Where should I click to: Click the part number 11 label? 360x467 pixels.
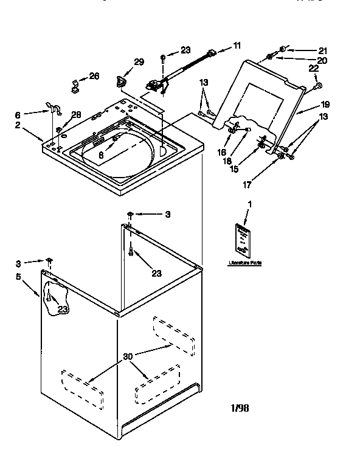point(237,46)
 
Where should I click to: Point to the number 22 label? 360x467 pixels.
point(314,69)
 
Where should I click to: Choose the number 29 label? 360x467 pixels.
point(139,63)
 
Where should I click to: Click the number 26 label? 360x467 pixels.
point(94,76)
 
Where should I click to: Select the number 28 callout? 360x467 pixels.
point(76,114)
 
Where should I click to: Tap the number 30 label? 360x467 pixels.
point(127,357)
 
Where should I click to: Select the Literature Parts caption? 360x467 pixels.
point(245,264)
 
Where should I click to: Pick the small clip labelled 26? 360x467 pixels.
point(75,86)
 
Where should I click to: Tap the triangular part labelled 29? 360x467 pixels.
point(121,80)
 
